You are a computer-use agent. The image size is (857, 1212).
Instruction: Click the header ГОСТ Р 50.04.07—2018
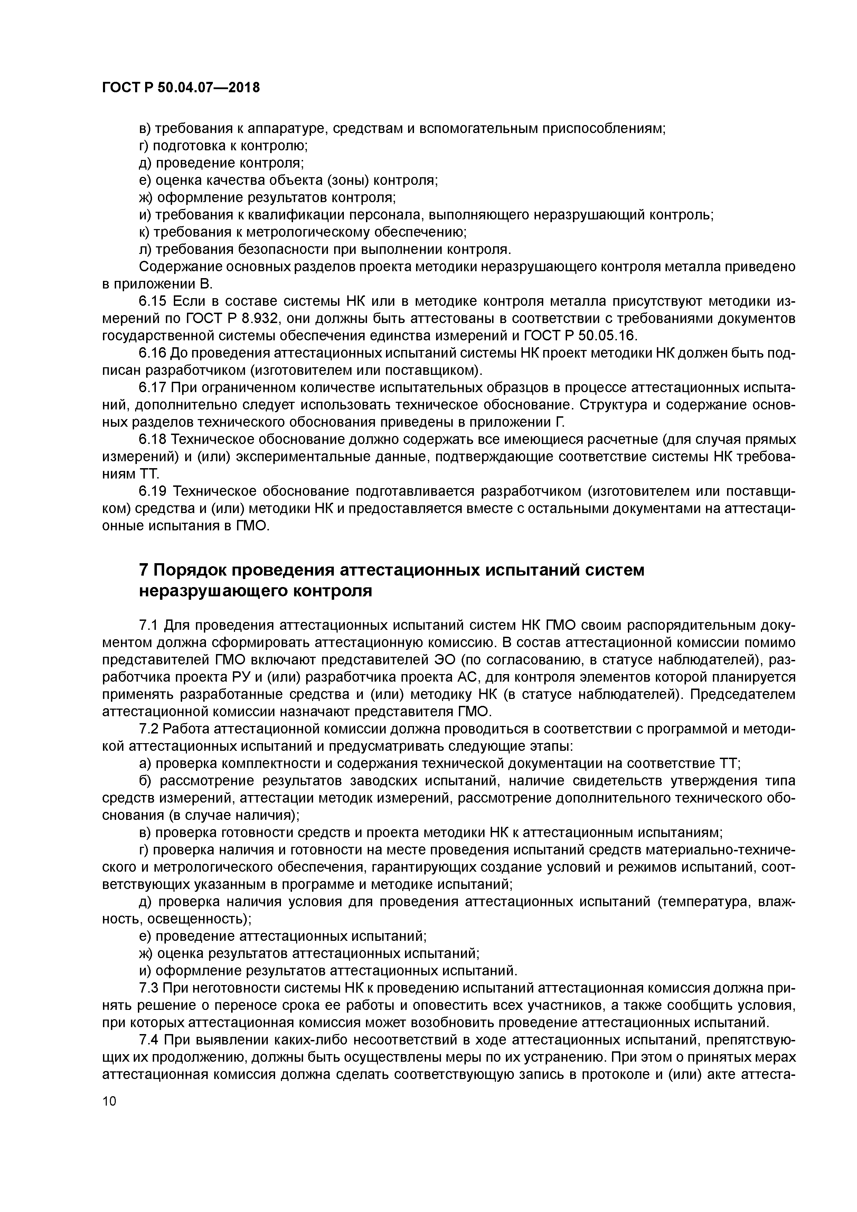[x=181, y=88]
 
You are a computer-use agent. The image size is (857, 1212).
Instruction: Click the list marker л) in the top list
[x=145, y=250]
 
